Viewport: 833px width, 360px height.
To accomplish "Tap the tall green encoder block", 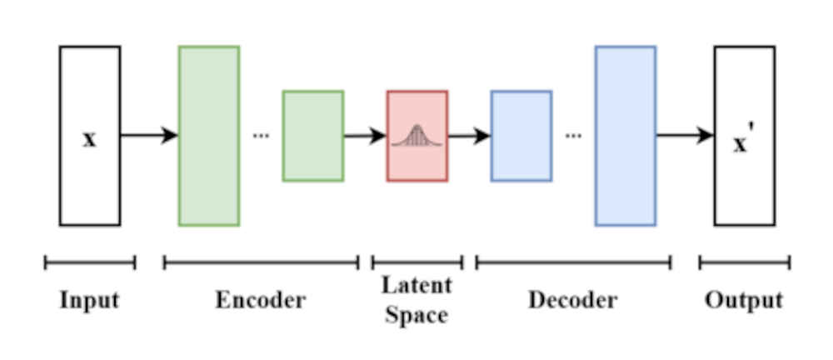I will pos(208,136).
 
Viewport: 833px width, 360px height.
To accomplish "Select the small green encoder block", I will pos(312,136).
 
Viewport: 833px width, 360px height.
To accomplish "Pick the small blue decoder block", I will pos(521,136).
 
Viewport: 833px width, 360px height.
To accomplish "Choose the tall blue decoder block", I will pos(625,136).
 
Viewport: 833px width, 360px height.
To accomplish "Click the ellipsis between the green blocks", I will pos(261,136).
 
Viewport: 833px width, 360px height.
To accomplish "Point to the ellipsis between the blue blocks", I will pos(573,136).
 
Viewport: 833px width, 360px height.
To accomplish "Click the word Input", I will pos(89,300).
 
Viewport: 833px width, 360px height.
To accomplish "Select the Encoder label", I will pos(261,300).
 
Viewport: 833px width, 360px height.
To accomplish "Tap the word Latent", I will pos(416,286).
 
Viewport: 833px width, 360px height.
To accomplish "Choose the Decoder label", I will pos(573,300).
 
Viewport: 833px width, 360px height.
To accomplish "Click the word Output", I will pos(744,300).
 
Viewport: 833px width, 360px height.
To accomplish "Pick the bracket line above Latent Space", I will pos(416,263).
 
